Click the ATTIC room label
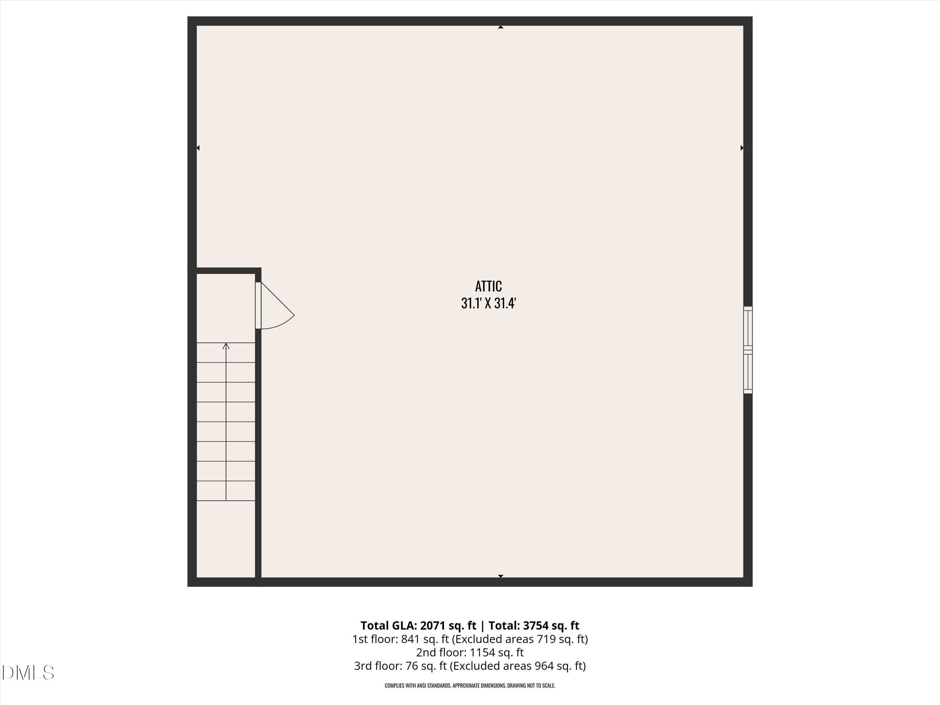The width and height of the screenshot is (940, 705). [x=488, y=286]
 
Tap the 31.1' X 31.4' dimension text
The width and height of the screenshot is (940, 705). [x=488, y=303]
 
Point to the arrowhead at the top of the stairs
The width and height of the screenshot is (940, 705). [x=226, y=346]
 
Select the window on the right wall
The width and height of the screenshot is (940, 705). [x=748, y=350]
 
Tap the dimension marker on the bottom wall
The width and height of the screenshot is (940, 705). [x=501, y=576]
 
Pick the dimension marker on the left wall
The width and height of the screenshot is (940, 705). [x=198, y=148]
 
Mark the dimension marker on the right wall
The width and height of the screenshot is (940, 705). [x=742, y=148]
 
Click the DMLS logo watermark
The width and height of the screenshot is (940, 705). [x=28, y=673]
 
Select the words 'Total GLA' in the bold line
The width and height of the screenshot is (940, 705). [x=388, y=625]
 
